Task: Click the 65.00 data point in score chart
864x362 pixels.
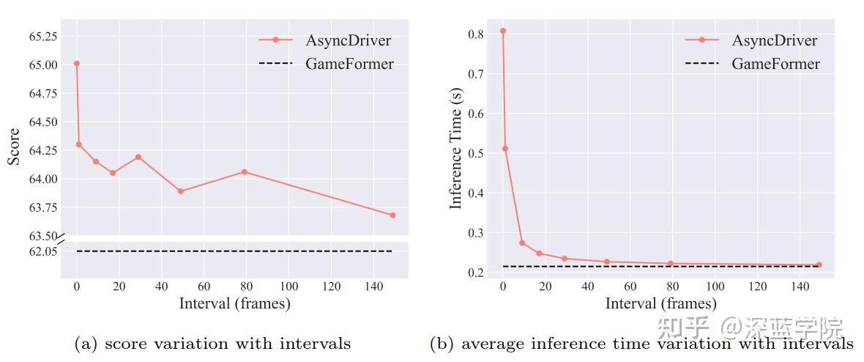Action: click(x=76, y=64)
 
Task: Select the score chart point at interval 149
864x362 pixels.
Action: click(x=392, y=215)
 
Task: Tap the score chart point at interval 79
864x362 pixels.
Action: click(x=244, y=172)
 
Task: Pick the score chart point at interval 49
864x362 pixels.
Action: click(x=180, y=191)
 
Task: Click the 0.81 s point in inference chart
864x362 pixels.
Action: click(x=503, y=31)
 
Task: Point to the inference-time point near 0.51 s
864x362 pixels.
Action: click(x=505, y=149)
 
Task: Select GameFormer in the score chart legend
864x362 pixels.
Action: click(x=349, y=64)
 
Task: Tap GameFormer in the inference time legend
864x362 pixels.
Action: click(x=775, y=64)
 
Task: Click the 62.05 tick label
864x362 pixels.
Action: click(x=42, y=251)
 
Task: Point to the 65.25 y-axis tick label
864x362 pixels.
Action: click(x=41, y=36)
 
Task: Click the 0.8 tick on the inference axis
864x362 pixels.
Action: click(x=475, y=34)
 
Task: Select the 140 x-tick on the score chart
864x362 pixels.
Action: click(x=374, y=287)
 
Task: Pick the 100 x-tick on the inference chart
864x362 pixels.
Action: click(x=715, y=287)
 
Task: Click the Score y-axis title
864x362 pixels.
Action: click(x=14, y=147)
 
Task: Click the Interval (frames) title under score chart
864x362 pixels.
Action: click(x=234, y=303)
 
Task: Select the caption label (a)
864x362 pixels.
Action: click(x=86, y=344)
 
